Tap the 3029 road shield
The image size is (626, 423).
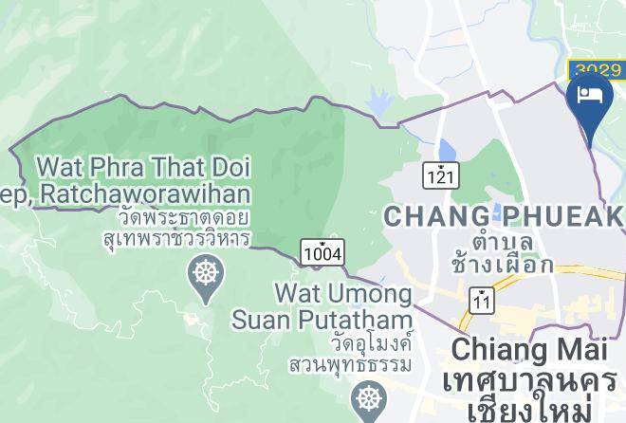596,69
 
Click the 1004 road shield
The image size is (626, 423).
322,252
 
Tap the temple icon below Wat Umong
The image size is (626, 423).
365,398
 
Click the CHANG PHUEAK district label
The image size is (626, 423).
504,216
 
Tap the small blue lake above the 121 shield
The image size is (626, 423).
445,151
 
